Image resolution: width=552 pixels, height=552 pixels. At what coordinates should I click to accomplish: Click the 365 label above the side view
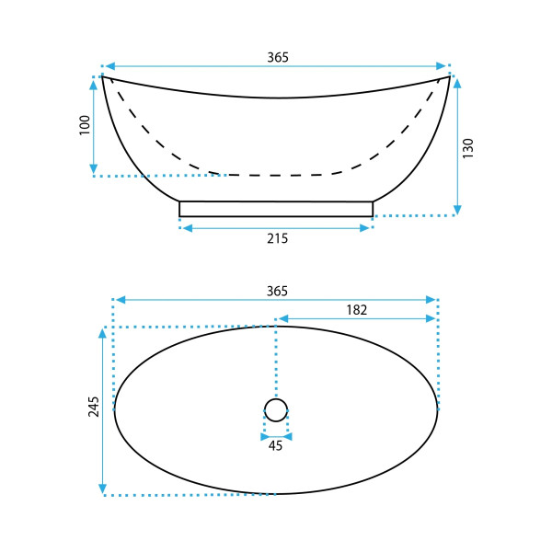point(278,57)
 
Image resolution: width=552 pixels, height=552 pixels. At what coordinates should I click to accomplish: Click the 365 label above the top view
point(277,291)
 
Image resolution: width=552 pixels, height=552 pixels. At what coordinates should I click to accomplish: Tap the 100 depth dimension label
point(85,125)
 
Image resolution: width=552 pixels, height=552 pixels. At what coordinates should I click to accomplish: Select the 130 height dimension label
point(468,148)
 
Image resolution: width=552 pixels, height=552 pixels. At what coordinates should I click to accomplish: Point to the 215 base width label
point(278,238)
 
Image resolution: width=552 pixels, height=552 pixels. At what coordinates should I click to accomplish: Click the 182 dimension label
point(357,310)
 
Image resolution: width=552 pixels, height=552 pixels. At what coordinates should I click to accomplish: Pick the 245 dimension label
point(94,407)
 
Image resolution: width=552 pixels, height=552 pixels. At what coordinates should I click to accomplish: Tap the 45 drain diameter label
point(275,445)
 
